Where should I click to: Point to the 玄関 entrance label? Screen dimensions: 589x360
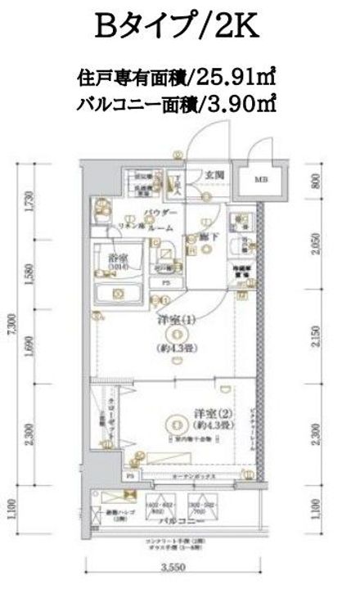tap(214, 174)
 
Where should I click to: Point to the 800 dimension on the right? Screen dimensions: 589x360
tap(315, 180)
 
